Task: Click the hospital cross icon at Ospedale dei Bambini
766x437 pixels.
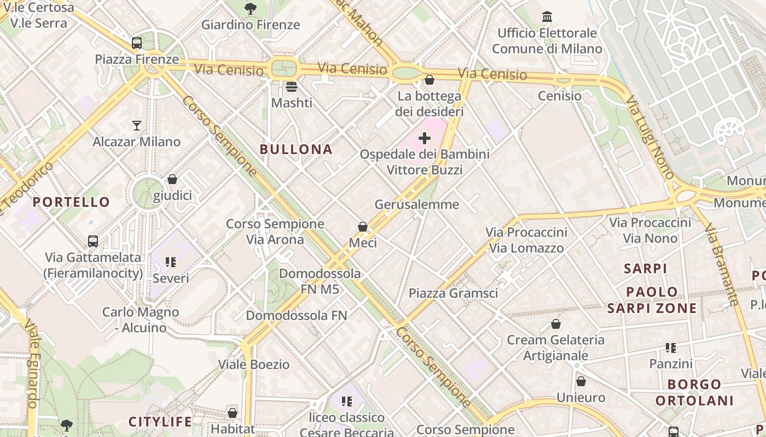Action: tap(424, 138)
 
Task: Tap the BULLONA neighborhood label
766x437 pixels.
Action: tap(296, 149)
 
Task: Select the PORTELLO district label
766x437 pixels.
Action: tap(71, 202)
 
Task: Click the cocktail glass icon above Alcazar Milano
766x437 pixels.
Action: tap(137, 126)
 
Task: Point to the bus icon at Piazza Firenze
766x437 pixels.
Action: tap(137, 43)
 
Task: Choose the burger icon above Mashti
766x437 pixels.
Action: tap(292, 86)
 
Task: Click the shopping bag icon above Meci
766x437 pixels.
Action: tap(362, 226)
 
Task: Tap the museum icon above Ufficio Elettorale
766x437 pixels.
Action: tap(547, 17)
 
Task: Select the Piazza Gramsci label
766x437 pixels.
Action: tap(454, 293)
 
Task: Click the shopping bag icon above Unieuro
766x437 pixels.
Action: tap(581, 381)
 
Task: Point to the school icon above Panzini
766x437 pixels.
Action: tap(671, 347)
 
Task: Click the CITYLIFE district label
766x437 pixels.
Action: tap(160, 422)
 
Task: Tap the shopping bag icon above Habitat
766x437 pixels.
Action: tap(233, 413)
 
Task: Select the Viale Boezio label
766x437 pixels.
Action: tap(254, 364)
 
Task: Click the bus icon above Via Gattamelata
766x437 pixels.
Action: tap(93, 241)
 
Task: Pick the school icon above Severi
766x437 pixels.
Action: tap(171, 262)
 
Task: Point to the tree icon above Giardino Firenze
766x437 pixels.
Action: tap(251, 8)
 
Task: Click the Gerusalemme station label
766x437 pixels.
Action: tap(417, 204)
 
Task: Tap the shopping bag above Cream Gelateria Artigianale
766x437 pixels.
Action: tap(556, 324)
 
